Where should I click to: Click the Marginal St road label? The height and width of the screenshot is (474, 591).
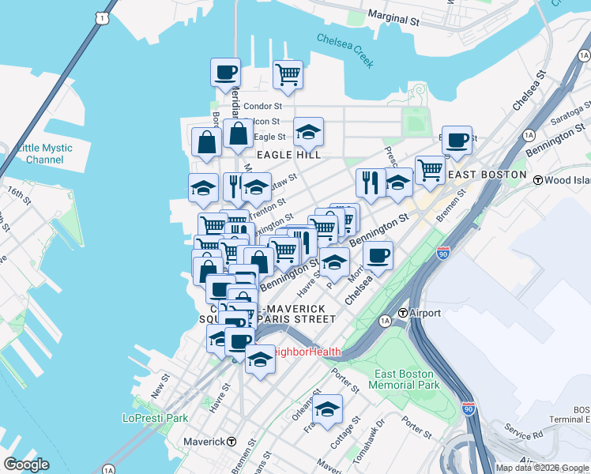[393, 19]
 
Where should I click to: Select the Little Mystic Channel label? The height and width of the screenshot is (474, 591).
[44, 153]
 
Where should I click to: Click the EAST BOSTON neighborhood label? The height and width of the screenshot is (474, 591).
[487, 174]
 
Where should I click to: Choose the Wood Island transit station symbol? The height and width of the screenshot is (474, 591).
[538, 180]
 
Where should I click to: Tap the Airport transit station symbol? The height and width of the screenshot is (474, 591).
[402, 313]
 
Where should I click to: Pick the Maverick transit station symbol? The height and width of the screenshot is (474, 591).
[232, 441]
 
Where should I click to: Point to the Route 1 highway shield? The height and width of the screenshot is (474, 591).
[99, 17]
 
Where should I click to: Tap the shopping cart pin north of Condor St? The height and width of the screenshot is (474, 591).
[288, 75]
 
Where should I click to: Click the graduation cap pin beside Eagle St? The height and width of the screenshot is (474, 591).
[308, 132]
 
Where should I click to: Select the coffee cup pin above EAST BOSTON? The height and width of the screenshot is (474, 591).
[457, 140]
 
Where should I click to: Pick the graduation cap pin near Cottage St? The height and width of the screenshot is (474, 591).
[327, 409]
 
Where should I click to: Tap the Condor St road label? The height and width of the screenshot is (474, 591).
[262, 106]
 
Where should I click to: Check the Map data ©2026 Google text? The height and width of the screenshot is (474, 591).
[542, 468]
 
